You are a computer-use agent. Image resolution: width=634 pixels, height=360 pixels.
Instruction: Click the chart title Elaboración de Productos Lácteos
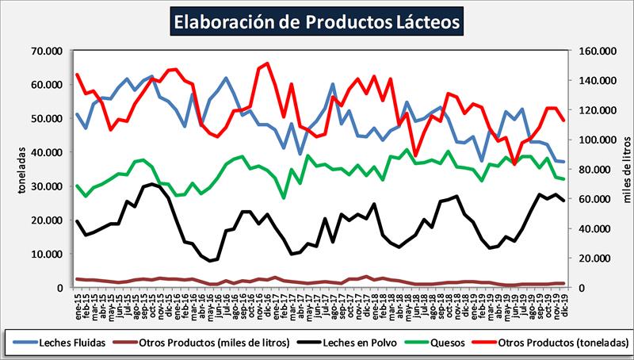click(316, 21)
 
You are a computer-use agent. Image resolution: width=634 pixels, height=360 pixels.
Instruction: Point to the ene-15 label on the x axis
click(78, 301)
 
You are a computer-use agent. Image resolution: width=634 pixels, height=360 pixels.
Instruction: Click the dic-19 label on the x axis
click(563, 301)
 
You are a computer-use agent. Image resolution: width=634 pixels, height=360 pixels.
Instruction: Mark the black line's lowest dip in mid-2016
click(212, 261)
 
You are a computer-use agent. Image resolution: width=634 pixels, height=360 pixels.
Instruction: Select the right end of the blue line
click(563, 162)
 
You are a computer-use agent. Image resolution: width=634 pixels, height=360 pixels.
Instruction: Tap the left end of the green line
click(77, 186)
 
